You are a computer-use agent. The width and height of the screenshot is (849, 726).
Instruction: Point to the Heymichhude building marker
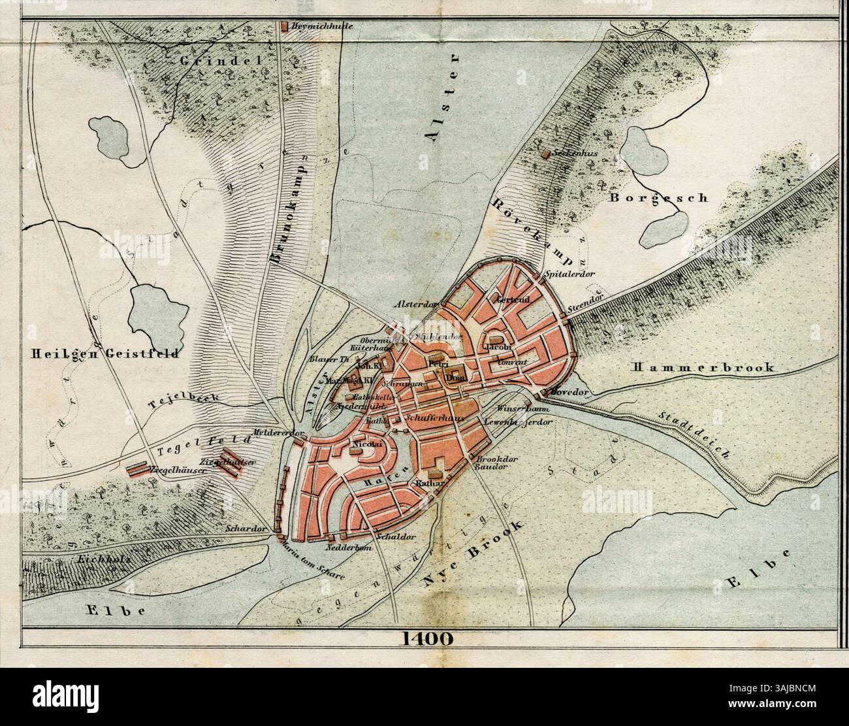285,27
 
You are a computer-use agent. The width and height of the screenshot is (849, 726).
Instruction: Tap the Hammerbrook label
703,368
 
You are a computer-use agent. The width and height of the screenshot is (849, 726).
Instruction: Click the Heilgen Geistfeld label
104,354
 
